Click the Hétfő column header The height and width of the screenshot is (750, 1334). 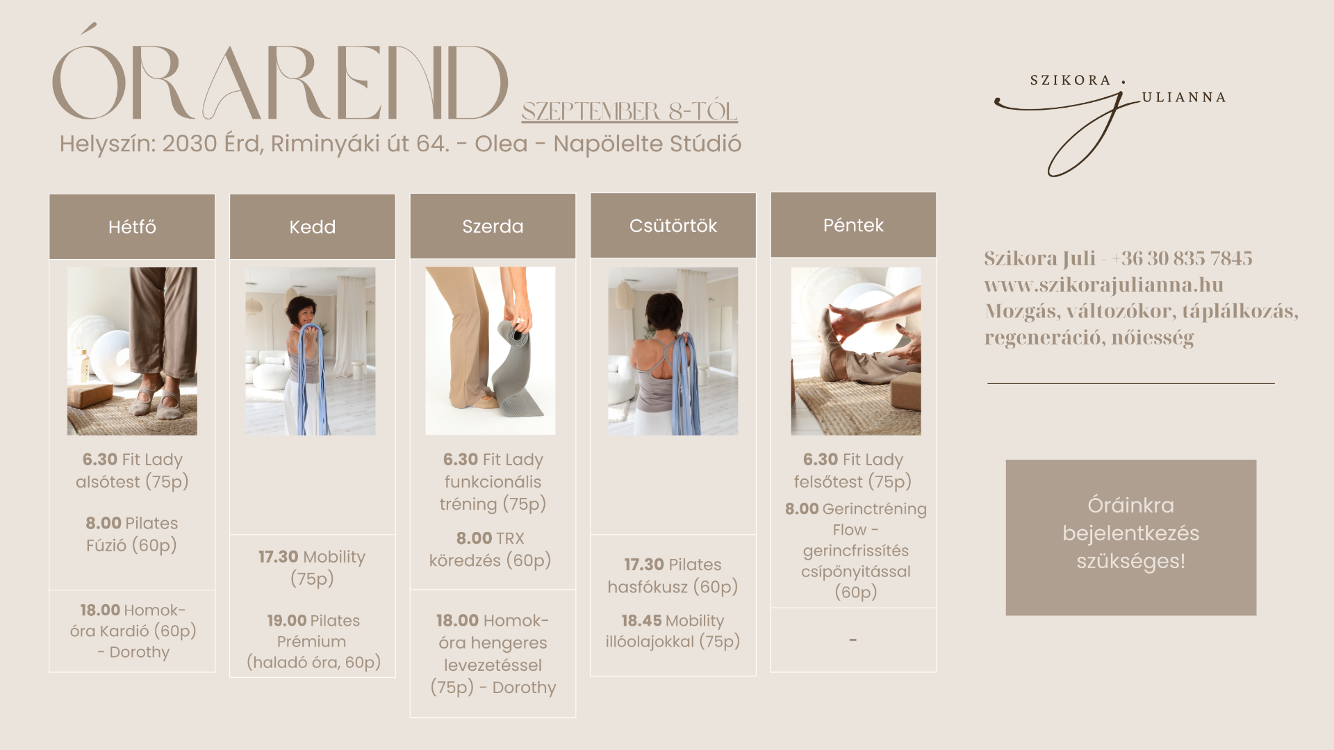click(132, 226)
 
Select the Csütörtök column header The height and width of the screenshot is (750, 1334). click(673, 226)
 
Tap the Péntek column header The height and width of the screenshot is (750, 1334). click(853, 225)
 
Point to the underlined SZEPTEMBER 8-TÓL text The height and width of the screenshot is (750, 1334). click(629, 111)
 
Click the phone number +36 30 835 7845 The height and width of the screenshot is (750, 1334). click(1181, 258)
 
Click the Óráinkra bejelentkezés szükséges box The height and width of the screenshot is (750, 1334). click(1131, 537)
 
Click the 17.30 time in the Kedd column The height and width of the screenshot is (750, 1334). click(278, 557)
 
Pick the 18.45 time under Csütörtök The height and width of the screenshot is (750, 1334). click(641, 621)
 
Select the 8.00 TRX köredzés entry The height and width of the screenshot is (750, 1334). click(491, 549)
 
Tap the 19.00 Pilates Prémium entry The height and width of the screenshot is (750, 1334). click(313, 642)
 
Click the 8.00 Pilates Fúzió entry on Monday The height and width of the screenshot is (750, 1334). click(132, 534)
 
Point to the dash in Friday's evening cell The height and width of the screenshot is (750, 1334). click(853, 640)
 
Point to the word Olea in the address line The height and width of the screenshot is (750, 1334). click(501, 144)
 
